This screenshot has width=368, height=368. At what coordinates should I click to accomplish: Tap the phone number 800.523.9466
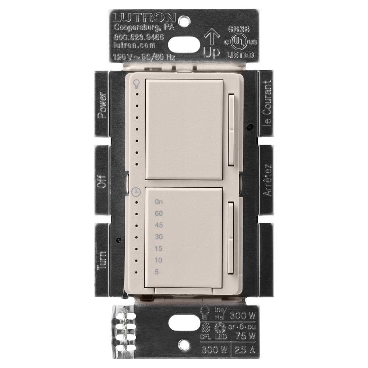pyautogui.click(x=134, y=37)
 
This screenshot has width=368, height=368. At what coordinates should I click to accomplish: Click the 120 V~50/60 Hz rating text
pyautogui.click(x=144, y=57)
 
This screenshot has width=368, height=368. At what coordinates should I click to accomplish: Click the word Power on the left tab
pyautogui.click(x=102, y=105)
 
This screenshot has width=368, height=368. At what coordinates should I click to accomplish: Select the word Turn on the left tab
pyautogui.click(x=102, y=260)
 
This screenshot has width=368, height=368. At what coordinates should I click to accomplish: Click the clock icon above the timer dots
pyautogui.click(x=137, y=192)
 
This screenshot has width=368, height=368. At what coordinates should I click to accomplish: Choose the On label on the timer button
pyautogui.click(x=159, y=202)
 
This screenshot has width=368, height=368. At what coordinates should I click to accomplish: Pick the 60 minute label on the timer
pyautogui.click(x=159, y=213)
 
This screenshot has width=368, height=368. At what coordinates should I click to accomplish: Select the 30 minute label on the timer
pyautogui.click(x=159, y=237)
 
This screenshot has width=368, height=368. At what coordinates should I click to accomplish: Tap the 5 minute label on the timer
pyautogui.click(x=158, y=272)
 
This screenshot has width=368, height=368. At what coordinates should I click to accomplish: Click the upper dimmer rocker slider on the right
pyautogui.click(x=231, y=130)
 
